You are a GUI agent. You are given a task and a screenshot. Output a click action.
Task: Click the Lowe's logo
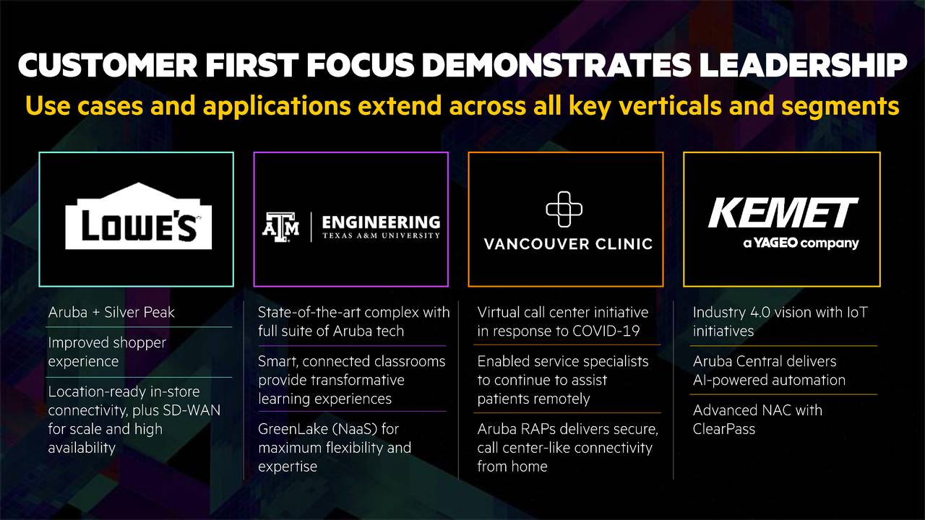point(138,217)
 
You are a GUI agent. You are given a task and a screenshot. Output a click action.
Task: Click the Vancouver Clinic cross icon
point(564,209)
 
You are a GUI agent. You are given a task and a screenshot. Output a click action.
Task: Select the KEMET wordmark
point(783,214)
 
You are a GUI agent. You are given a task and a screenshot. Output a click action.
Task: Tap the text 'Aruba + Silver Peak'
point(111,313)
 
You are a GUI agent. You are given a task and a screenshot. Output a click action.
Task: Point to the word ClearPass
point(724,429)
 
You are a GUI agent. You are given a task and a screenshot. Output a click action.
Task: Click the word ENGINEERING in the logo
point(381,222)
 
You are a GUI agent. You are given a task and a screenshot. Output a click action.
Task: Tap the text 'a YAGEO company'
point(801,243)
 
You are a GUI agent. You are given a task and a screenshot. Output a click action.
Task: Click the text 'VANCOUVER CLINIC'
point(568,244)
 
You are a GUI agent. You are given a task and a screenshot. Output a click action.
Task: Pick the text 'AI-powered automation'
point(769,380)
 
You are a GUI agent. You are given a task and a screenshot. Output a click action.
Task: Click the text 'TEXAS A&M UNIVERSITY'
point(381,235)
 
